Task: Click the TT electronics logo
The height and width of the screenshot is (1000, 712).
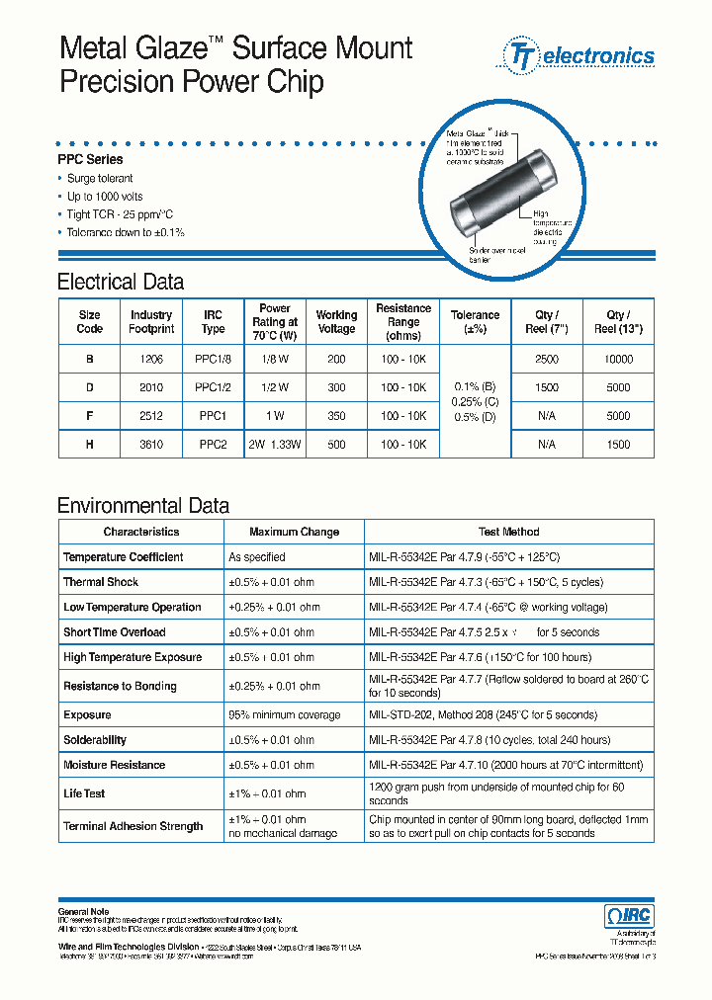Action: [x=580, y=55]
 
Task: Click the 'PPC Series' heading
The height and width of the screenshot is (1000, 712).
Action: [x=90, y=159]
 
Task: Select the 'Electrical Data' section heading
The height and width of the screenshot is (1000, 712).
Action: [x=121, y=282]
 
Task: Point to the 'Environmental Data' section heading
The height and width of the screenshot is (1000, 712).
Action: [x=143, y=506]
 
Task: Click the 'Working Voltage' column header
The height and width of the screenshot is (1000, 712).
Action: [x=336, y=322]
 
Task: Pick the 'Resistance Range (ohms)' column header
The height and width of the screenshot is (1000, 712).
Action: [x=403, y=322]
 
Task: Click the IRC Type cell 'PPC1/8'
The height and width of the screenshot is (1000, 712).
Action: [x=213, y=360]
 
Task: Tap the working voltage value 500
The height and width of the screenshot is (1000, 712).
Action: [x=336, y=445]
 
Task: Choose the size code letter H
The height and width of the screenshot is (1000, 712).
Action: [x=89, y=445]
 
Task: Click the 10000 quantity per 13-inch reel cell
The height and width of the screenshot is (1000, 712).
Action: [x=617, y=360]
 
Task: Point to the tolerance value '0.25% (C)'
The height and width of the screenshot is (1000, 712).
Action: [x=475, y=402]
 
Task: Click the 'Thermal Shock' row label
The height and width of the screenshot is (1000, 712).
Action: [x=101, y=582]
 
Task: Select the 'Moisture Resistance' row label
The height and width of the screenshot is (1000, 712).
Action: [x=115, y=765]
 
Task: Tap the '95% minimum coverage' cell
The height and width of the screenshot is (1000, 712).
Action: [x=284, y=714]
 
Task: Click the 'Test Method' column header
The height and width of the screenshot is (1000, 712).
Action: [x=508, y=532]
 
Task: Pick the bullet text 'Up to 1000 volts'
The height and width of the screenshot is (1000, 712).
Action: [x=105, y=197]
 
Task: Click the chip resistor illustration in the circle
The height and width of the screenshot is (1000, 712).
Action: [x=505, y=194]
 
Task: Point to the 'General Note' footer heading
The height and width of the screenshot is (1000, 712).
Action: [x=83, y=911]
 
